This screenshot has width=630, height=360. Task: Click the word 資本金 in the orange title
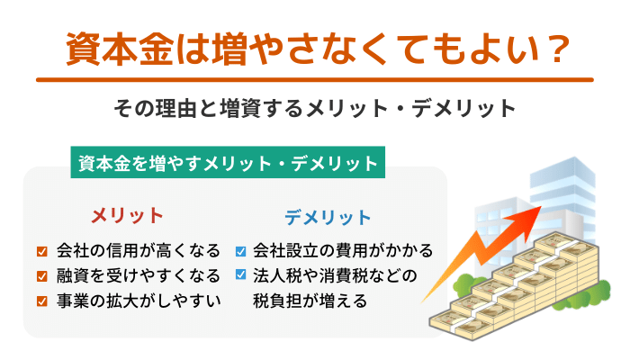coord(120,49)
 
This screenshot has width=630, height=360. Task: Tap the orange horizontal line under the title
coord(315,80)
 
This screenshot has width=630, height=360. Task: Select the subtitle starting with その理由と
coord(315,109)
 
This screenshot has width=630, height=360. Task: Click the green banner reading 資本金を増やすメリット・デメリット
coord(228,162)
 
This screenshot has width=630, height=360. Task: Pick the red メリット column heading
coord(127,216)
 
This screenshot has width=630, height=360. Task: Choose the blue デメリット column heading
coord(328,218)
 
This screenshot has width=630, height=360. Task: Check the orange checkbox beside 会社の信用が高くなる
coord(41,251)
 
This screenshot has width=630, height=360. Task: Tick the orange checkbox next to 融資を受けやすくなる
coord(41,276)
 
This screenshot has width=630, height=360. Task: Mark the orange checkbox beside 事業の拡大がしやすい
coord(41,301)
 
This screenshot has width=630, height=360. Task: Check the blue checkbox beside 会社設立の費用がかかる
coord(240,251)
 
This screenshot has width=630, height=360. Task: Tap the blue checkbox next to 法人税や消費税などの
coord(240,274)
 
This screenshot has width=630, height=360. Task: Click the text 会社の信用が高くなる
coord(139,251)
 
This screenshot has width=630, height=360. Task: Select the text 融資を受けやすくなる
coord(139,276)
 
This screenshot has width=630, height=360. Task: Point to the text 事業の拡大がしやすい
coord(139,301)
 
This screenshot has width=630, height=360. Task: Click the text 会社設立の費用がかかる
coord(343,251)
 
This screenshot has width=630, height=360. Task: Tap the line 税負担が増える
coord(310,301)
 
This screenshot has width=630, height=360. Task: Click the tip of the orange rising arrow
coord(541,207)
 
